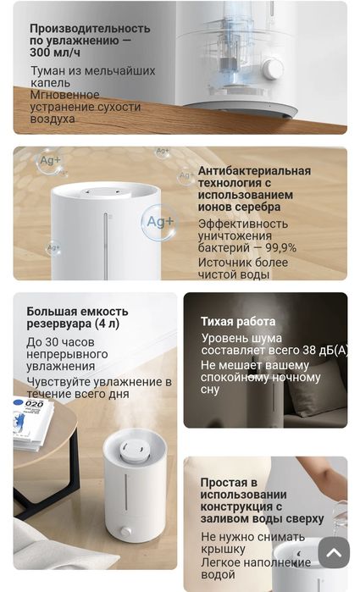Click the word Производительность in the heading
90,28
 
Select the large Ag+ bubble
159,222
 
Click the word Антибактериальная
254,171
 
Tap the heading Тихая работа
238,322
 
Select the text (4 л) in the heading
107,324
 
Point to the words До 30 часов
61,341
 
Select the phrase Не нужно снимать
252,537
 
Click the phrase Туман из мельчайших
93,71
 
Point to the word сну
210,390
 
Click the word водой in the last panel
218,574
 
